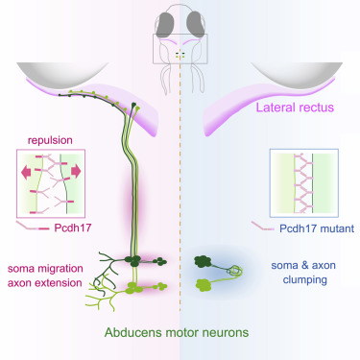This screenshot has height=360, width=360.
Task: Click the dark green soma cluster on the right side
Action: [210, 258]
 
